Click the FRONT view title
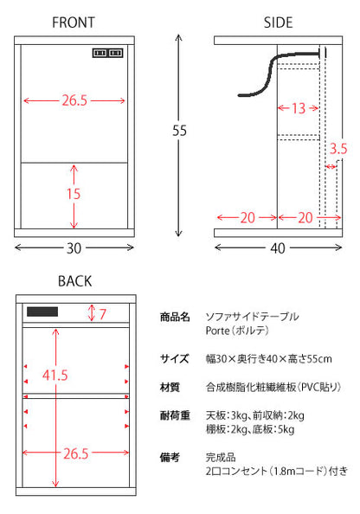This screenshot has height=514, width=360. [x=74, y=22]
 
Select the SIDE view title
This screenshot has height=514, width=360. [x=278, y=22]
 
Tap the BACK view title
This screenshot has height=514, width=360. [x=74, y=281]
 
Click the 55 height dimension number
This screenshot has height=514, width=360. [x=179, y=131]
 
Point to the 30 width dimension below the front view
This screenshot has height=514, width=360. [x=74, y=248]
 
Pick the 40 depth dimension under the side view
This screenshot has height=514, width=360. [x=278, y=248]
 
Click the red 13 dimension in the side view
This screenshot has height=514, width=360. [x=299, y=108]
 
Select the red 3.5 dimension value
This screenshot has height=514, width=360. [x=338, y=149]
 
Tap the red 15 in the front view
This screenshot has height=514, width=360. [x=74, y=194]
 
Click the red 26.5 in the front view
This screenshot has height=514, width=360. [x=74, y=100]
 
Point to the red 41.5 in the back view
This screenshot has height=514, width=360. [x=55, y=375]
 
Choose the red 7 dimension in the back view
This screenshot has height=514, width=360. [x=103, y=314]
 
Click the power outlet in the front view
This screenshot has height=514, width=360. [x=107, y=53]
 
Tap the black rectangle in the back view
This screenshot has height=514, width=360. [x=42, y=312]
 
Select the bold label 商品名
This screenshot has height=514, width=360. [x=175, y=317]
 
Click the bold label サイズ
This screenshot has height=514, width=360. [x=175, y=358]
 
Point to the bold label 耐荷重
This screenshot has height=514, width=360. [x=175, y=415]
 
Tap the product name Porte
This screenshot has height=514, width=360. [x=218, y=331]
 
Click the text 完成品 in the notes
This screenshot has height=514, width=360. [x=221, y=457]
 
